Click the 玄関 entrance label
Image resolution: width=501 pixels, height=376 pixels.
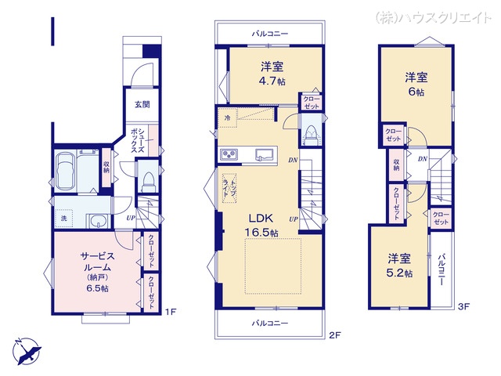pos(142,104)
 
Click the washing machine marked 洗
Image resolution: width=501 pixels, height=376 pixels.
pos(63,217)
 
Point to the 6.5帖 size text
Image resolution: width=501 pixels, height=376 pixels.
pos(98,288)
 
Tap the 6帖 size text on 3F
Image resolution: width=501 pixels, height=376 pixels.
pos(416,92)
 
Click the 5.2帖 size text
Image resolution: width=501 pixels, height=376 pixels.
pos(399,273)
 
